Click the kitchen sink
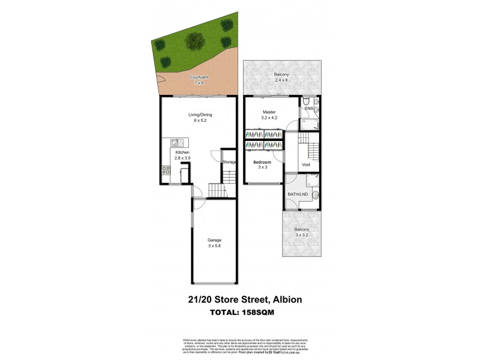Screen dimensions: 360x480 [x=176, y=143]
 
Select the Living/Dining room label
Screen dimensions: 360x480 [x=200, y=115]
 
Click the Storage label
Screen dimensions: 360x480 [x=229, y=162]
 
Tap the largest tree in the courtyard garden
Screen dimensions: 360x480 [x=193, y=40]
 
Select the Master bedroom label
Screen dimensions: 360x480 [x=268, y=112]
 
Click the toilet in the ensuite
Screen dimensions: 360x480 [x=307, y=101]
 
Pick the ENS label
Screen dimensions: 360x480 [x=309, y=109]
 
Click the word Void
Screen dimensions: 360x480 [x=305, y=164]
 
